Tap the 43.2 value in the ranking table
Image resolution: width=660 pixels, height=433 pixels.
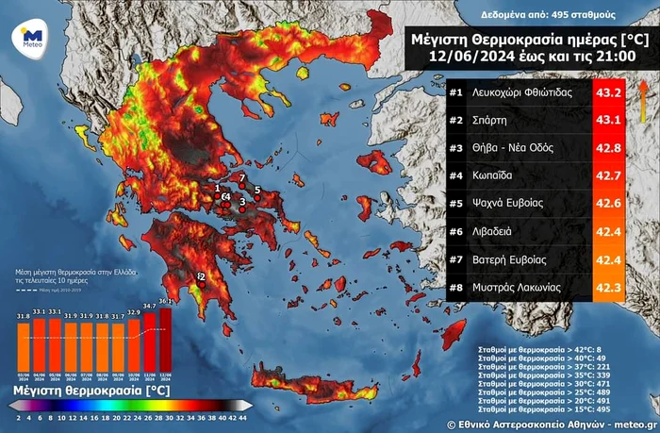(607, 93)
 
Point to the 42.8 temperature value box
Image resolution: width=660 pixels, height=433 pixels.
(607, 149)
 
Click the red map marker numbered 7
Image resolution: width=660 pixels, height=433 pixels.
(241, 178)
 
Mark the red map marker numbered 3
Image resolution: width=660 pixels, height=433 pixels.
(242, 202)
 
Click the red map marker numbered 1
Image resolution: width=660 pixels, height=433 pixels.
(219, 190)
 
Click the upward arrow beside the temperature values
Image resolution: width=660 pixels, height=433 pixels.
(642, 94)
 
